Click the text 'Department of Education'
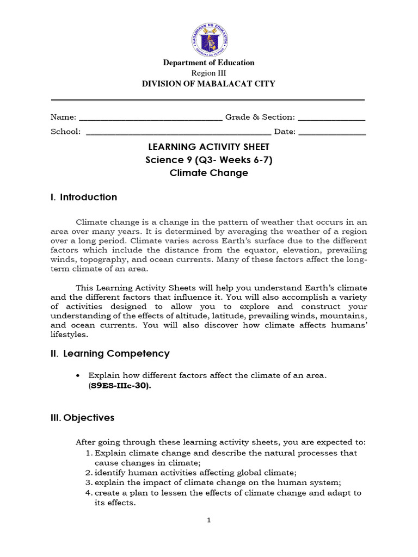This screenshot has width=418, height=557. click(x=209, y=63)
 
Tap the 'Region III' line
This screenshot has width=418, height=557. click(x=209, y=73)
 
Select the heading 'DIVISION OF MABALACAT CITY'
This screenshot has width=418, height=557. click(x=209, y=84)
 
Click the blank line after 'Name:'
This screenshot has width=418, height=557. click(x=151, y=118)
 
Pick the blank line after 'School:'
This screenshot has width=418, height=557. click(x=179, y=132)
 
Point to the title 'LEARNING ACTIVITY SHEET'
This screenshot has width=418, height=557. click(x=209, y=147)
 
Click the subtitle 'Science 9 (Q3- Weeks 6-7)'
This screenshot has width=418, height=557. click(x=209, y=160)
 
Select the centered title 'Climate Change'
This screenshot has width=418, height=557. click(x=209, y=173)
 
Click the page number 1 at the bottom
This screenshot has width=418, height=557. click(x=208, y=520)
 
